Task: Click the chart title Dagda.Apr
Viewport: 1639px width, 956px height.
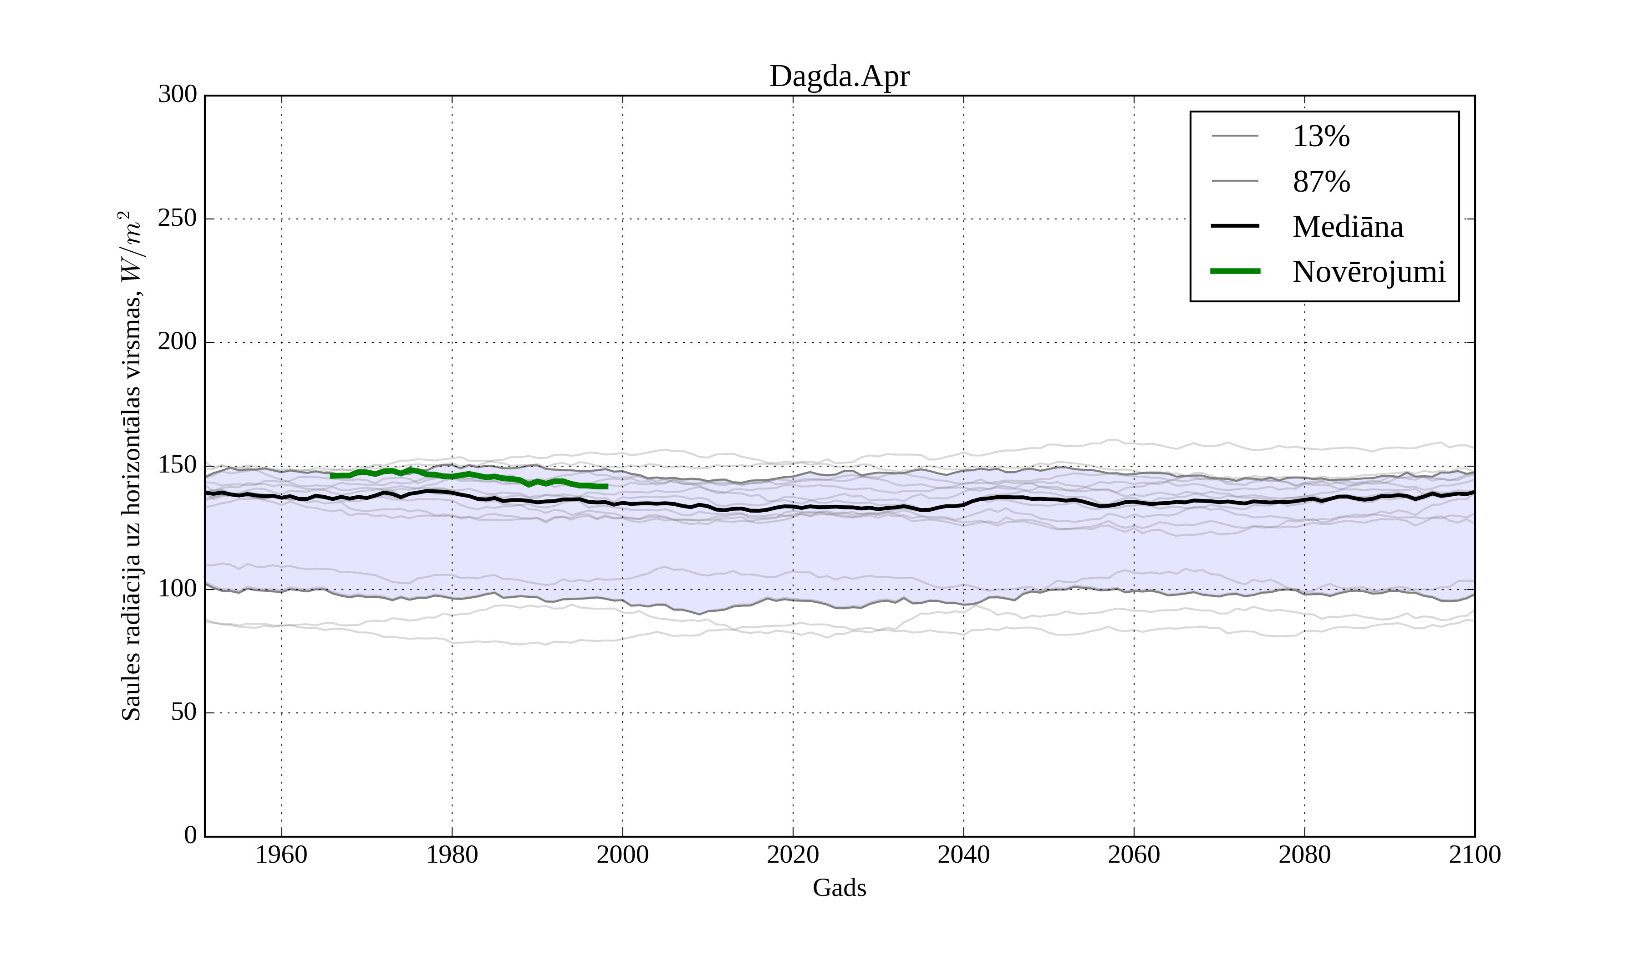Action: [839, 77]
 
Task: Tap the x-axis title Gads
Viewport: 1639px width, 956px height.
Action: [839, 888]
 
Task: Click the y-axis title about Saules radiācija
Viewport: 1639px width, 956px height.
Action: [132, 466]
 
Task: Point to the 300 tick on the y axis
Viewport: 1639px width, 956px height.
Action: [178, 95]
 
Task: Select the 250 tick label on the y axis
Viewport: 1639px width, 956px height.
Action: [178, 219]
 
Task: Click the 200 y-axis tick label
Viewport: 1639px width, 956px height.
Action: [178, 342]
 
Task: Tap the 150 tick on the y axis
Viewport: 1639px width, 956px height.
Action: [178, 466]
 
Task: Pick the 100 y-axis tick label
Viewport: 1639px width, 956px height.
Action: [178, 589]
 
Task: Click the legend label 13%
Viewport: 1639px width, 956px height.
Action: [1321, 137]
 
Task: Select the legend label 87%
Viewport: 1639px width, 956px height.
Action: [1321, 182]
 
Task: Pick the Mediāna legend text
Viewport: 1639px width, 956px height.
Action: [1348, 227]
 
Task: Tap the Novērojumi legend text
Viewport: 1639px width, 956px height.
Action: [1369, 272]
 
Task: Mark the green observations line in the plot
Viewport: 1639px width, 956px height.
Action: [468, 475]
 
